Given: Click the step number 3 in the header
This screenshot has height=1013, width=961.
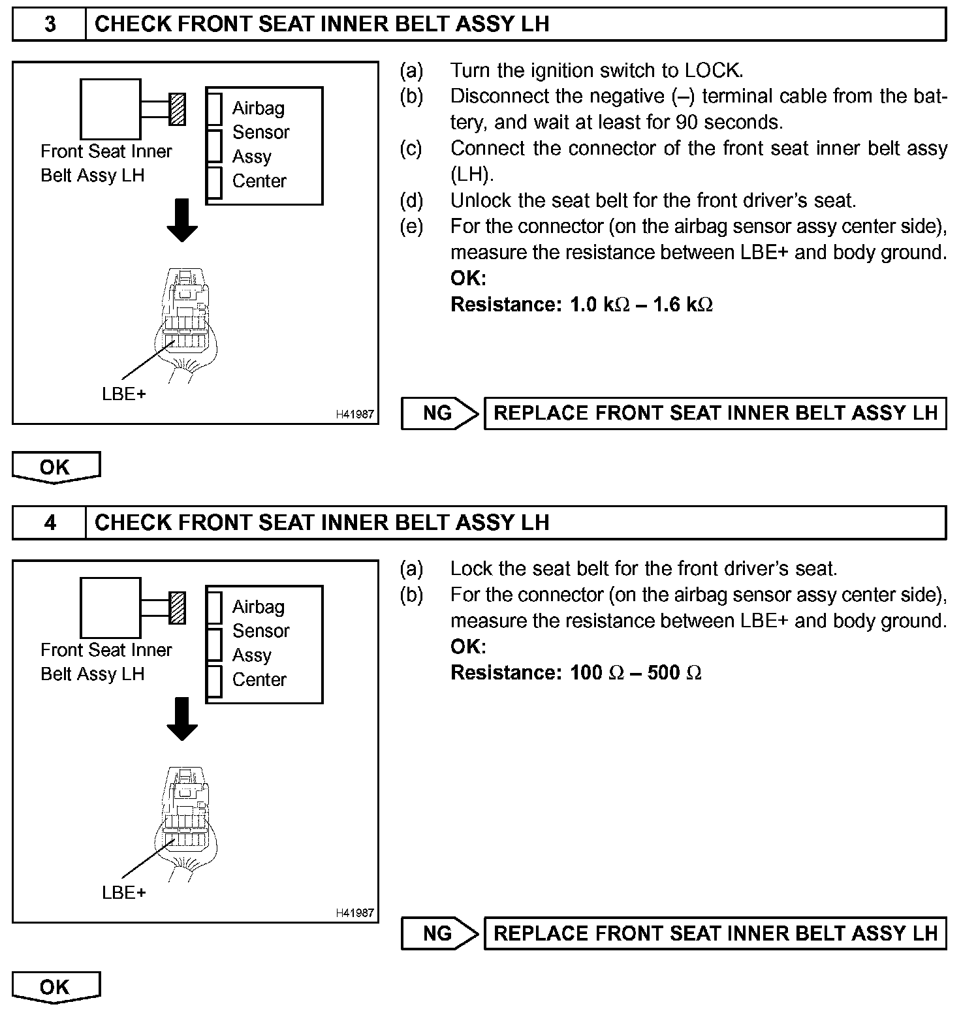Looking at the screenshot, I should pos(50,24).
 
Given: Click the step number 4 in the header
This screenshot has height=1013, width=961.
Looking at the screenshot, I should pos(50,523).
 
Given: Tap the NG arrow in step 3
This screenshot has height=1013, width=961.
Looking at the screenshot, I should pos(440,413).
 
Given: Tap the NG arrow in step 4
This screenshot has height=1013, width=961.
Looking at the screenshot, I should pos(440,933).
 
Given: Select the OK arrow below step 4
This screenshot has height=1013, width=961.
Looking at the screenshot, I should pos(56,987).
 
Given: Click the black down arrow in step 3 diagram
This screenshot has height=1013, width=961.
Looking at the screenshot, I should pos(182,220).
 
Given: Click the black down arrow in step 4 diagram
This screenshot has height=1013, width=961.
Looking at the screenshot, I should pos(182,719).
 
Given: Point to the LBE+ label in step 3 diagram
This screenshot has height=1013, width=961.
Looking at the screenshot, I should pos(124,394).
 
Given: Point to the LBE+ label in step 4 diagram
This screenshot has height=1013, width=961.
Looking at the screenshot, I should pos(124,893).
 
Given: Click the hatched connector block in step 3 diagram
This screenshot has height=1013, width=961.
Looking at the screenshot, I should pos(177,109).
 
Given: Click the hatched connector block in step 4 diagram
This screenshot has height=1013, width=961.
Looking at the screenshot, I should pos(177,608).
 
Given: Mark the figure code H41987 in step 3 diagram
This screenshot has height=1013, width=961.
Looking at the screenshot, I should pos(355,414).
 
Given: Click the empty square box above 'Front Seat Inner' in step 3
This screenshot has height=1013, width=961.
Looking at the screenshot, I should pos(110,109).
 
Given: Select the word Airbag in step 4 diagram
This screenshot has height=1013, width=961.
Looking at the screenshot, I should pos(259,607).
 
